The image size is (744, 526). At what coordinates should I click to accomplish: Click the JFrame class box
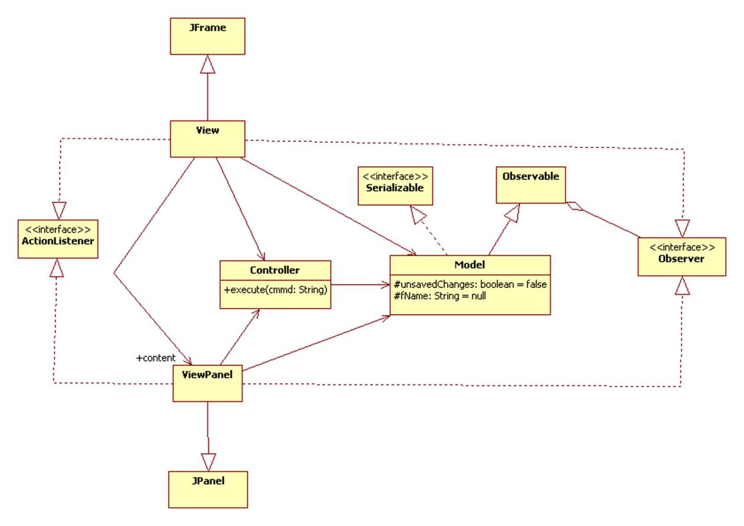[x=207, y=36]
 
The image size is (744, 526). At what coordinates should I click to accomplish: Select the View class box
[x=207, y=139]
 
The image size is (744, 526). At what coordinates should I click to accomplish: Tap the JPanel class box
[x=207, y=489]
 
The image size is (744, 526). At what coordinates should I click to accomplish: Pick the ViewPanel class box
[x=207, y=383]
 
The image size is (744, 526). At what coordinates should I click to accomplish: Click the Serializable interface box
[x=394, y=186]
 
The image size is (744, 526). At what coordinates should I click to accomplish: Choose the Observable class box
[x=530, y=185]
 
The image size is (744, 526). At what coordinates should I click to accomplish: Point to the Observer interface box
[x=681, y=257]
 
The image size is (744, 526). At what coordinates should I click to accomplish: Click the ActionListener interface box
[x=57, y=240]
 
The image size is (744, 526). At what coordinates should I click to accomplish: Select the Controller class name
[x=275, y=270]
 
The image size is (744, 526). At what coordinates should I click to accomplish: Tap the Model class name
[x=469, y=265]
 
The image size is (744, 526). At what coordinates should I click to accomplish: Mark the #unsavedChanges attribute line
[x=470, y=285]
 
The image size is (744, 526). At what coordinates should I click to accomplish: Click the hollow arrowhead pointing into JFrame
[x=207, y=63]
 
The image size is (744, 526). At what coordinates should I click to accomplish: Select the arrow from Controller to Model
[x=360, y=285]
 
